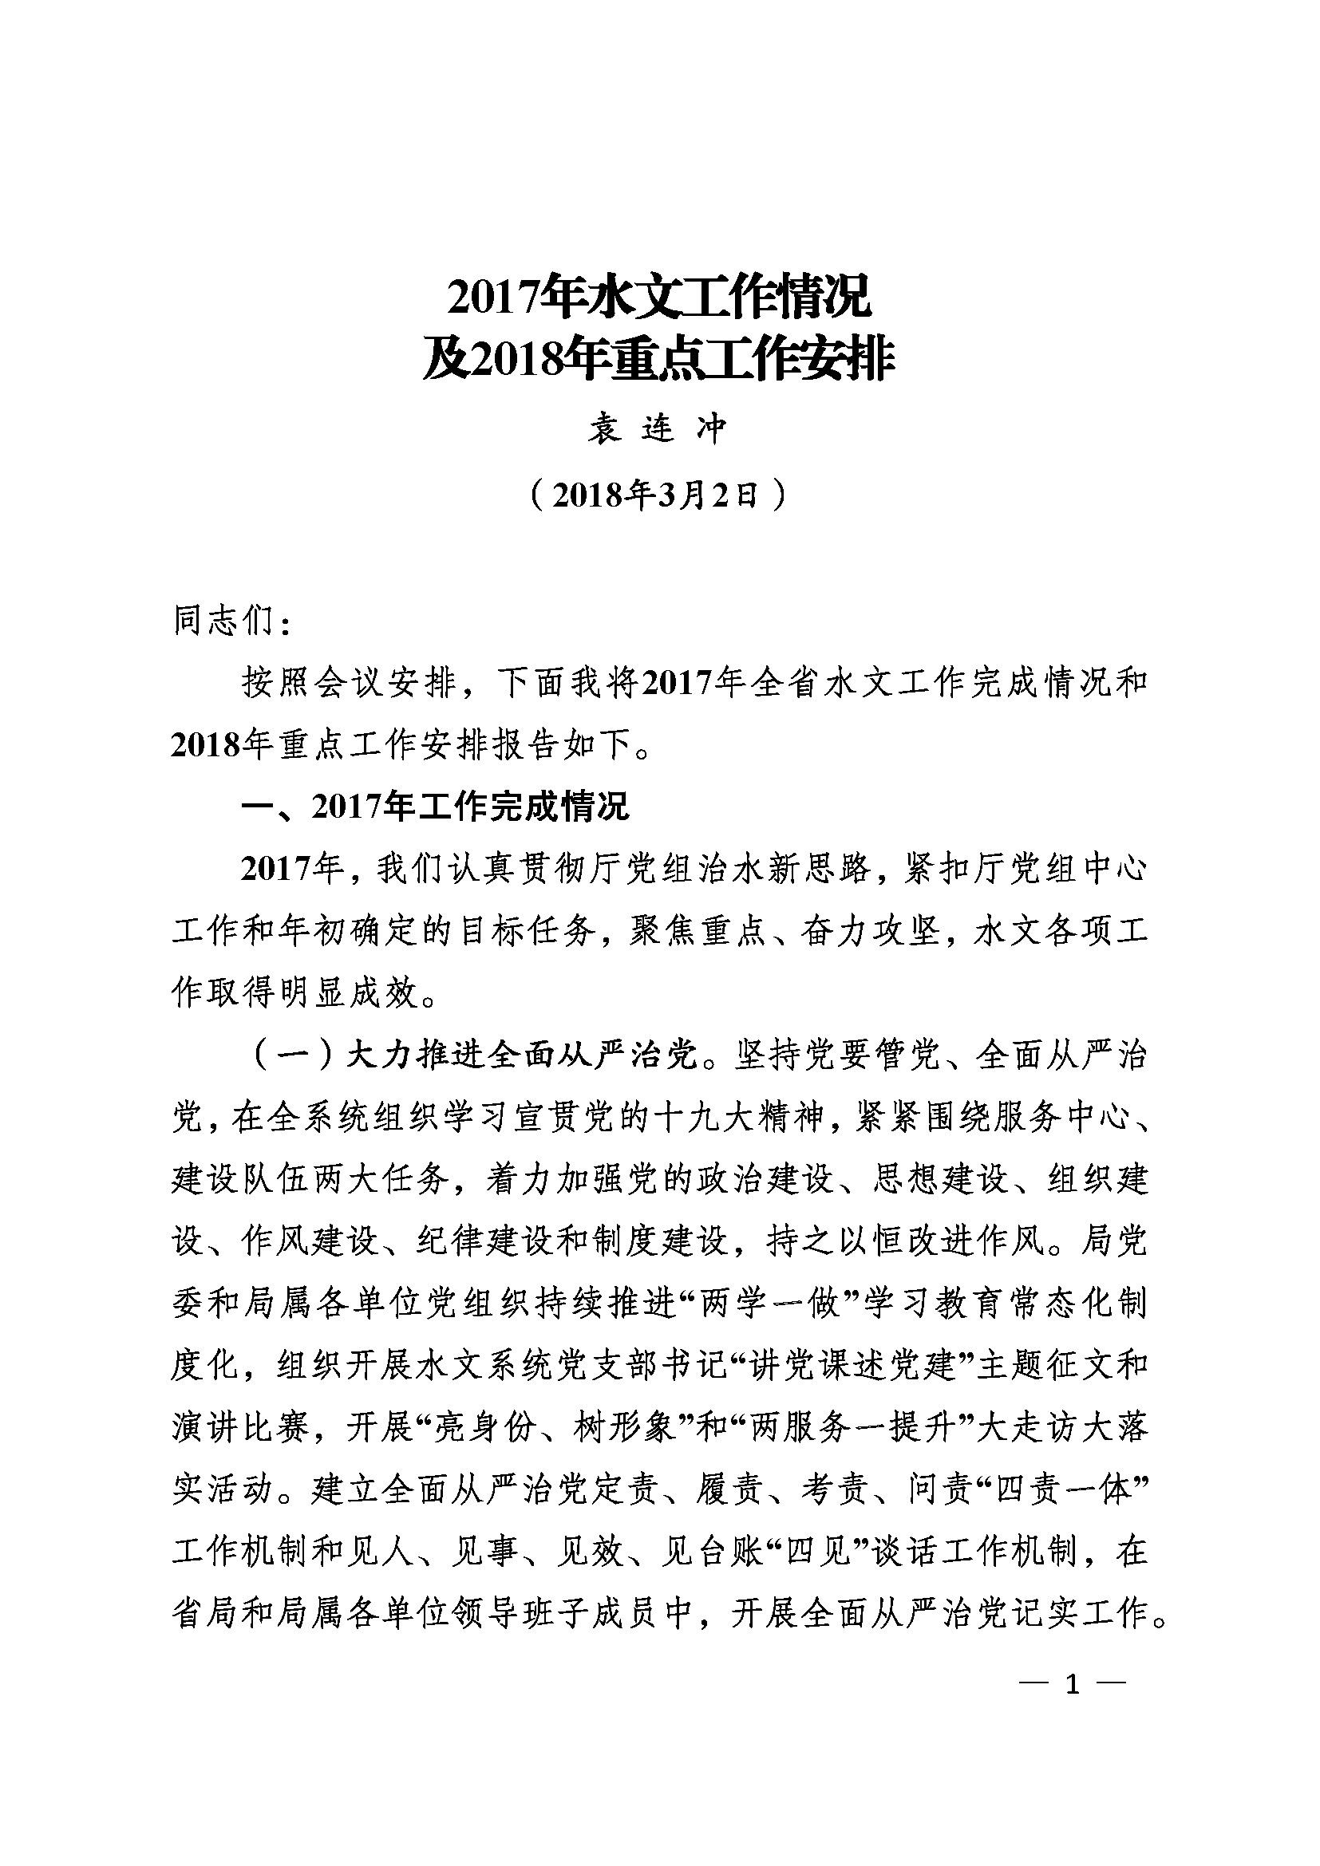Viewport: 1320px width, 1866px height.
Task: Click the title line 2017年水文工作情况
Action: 659,298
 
